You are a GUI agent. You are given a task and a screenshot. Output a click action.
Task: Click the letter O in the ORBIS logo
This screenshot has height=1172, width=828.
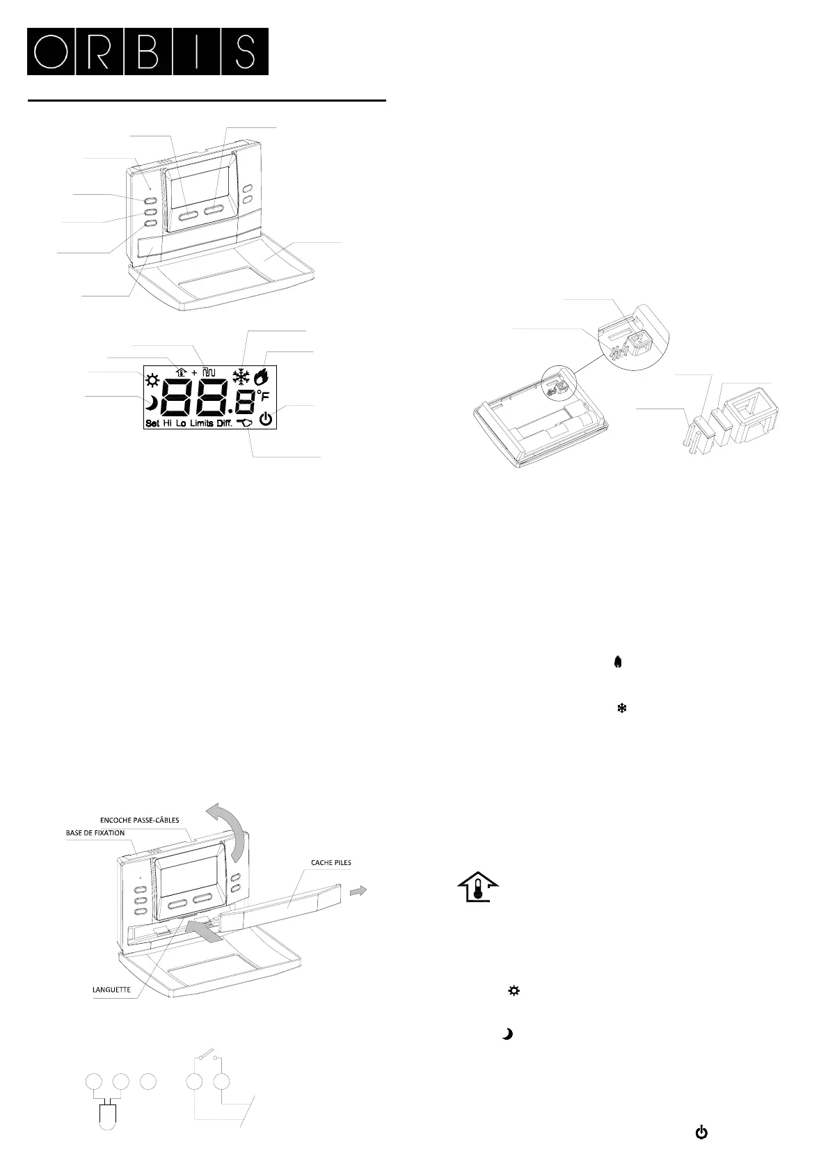click(x=50, y=52)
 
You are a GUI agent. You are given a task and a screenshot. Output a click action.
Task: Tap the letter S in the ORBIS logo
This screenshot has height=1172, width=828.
click(x=244, y=52)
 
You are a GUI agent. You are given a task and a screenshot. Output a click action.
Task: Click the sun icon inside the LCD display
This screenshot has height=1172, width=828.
click(x=152, y=381)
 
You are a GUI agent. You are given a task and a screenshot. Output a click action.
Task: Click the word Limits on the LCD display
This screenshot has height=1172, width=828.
click(x=201, y=424)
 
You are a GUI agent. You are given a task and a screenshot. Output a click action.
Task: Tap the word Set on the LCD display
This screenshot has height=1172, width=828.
click(x=152, y=424)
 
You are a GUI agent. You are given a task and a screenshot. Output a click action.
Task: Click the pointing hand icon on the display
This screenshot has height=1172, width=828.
click(x=245, y=422)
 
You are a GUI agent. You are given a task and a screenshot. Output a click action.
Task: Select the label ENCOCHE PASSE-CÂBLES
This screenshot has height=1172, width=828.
click(x=139, y=820)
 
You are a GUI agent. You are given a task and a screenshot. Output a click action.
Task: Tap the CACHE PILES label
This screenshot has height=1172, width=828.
click(x=331, y=862)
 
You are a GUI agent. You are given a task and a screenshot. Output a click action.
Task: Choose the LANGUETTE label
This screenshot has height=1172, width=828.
click(x=111, y=989)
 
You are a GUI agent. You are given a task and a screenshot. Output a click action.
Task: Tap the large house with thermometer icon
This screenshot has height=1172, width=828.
click(x=478, y=887)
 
